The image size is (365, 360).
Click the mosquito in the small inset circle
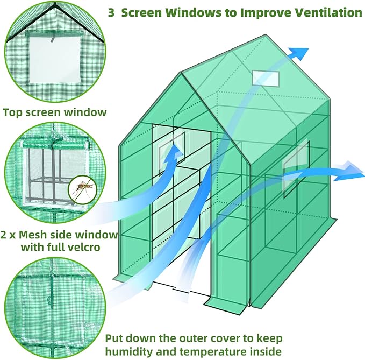click(x=82, y=188)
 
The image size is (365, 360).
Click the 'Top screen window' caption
click(x=55, y=112)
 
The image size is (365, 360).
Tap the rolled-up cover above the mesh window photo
click(x=54, y=145)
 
